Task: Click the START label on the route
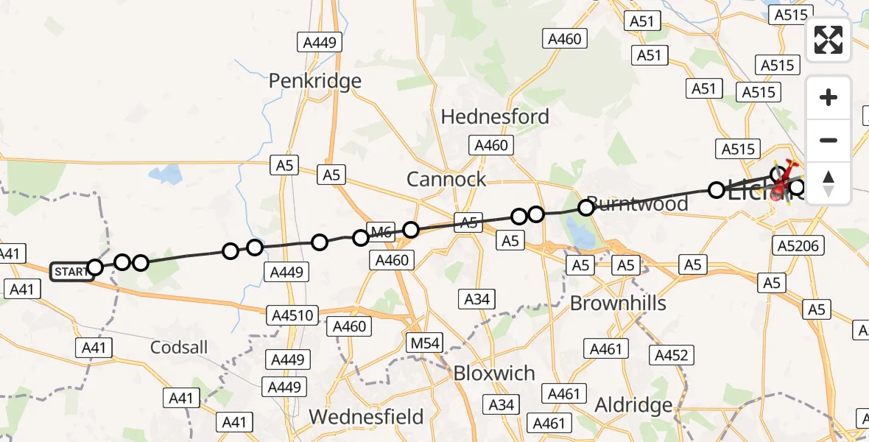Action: click(71, 272)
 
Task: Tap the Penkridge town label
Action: click(315, 80)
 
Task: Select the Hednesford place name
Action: click(495, 116)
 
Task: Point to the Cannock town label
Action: click(447, 179)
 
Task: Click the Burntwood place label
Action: click(638, 204)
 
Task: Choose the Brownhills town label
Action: click(618, 304)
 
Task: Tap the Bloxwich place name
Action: click(494, 373)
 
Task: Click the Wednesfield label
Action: click(366, 417)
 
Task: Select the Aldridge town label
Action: click(633, 405)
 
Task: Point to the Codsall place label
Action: click(179, 347)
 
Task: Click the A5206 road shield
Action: click(798, 245)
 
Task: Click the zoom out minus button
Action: click(828, 140)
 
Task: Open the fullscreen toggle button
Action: click(828, 40)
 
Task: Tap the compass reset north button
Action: click(828, 183)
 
